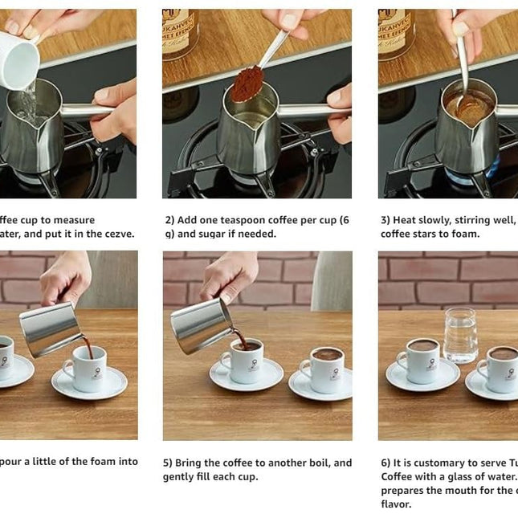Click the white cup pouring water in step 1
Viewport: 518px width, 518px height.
[x=18, y=59]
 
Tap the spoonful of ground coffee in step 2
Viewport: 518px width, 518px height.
[x=247, y=84]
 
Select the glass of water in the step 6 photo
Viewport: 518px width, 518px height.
[x=460, y=335]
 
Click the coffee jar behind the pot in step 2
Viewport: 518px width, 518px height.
[x=181, y=34]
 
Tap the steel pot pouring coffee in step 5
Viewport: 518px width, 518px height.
[x=201, y=324]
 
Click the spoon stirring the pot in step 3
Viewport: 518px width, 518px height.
[x=463, y=64]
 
